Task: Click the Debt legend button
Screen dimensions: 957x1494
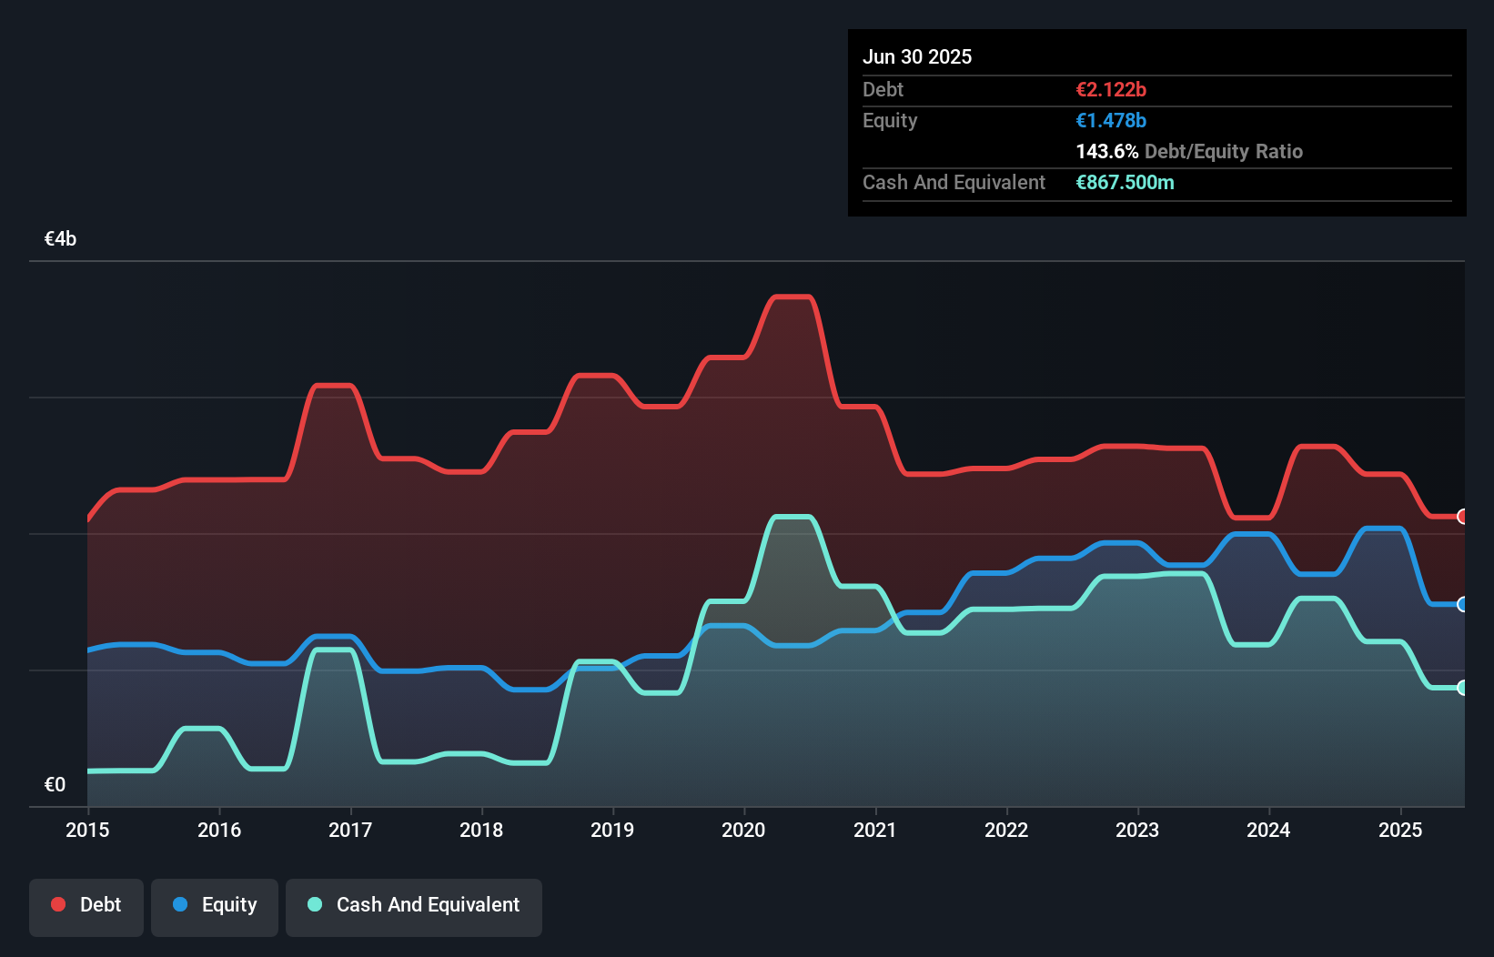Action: click(86, 905)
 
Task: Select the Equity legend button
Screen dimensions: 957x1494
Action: click(215, 905)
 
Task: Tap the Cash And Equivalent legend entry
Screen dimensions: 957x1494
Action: click(414, 905)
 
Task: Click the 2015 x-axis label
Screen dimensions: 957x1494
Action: click(87, 830)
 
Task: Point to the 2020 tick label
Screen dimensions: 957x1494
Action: click(743, 830)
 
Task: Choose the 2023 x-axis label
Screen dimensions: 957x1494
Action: click(1137, 830)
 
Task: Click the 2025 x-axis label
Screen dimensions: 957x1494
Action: click(1399, 830)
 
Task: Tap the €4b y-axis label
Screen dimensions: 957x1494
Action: click(60, 239)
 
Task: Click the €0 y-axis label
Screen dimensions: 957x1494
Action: click(55, 784)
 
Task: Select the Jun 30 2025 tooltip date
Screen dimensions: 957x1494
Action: click(917, 56)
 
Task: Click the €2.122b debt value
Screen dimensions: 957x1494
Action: click(1111, 89)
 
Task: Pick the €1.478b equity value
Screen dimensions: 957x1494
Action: click(1111, 120)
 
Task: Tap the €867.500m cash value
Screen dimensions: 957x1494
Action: click(1125, 182)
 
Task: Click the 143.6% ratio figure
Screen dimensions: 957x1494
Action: click(1106, 151)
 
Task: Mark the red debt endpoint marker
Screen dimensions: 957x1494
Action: click(1462, 517)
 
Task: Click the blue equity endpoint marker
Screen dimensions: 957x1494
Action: click(1462, 604)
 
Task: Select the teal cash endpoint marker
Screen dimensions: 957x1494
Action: click(1462, 688)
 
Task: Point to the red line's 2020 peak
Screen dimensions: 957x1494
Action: click(792, 297)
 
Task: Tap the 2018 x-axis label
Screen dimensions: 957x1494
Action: click(481, 830)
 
